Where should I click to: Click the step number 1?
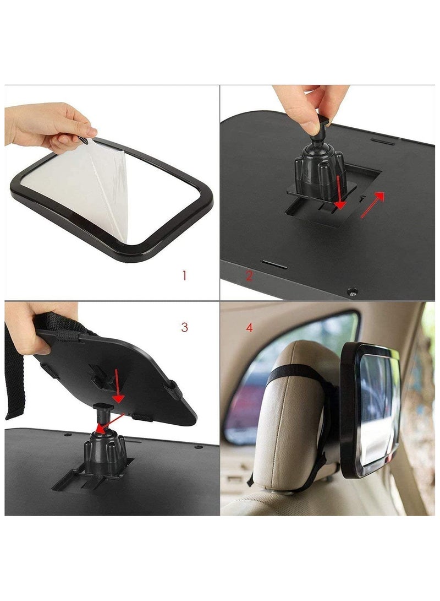point(184,275)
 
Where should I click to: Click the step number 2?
point(249,275)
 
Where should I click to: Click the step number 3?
point(184,327)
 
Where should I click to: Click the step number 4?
point(250,328)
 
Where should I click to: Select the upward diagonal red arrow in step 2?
point(372,204)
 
